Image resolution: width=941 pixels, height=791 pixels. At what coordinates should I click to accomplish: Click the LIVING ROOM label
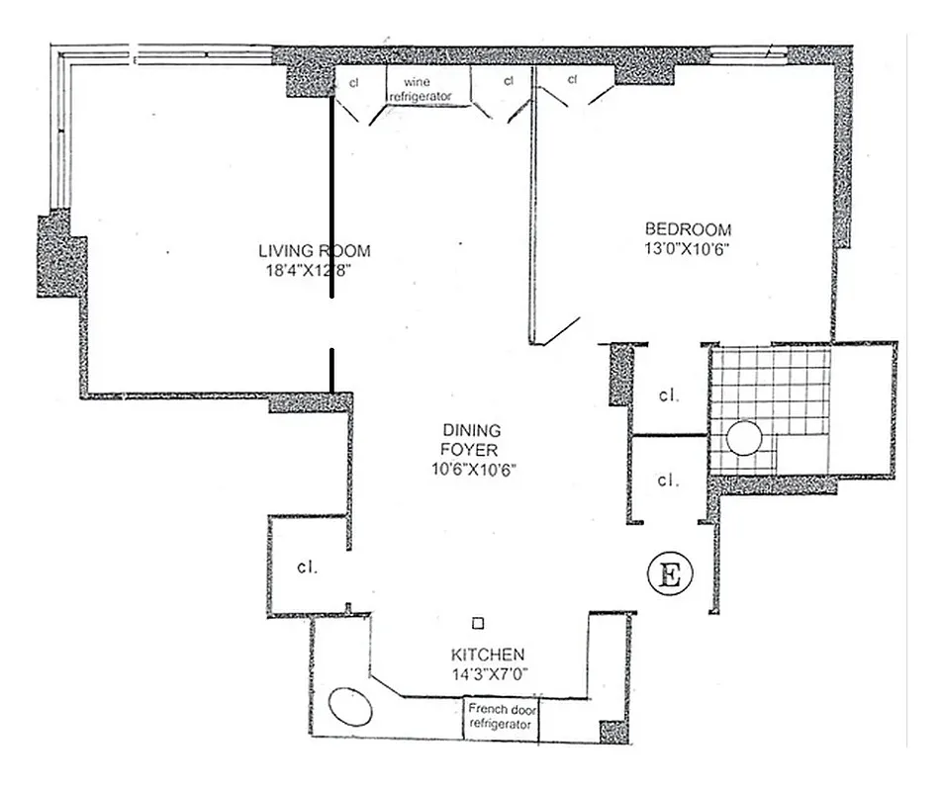pyautogui.click(x=314, y=251)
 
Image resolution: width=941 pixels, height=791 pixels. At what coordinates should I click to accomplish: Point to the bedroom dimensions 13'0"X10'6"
pyautogui.click(x=687, y=249)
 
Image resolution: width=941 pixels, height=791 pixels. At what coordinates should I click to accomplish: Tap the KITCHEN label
pyautogui.click(x=488, y=655)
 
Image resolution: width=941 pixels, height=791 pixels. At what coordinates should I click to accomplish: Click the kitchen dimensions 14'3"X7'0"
pyautogui.click(x=488, y=674)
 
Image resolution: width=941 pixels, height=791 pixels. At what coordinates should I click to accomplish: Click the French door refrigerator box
pyautogui.click(x=503, y=717)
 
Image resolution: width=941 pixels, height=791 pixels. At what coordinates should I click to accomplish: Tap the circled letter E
pyautogui.click(x=668, y=572)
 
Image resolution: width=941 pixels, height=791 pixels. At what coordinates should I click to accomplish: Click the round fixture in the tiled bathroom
pyautogui.click(x=744, y=440)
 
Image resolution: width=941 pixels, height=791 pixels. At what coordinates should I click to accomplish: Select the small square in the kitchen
pyautogui.click(x=478, y=623)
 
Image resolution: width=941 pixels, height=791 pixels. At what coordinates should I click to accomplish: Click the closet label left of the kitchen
pyautogui.click(x=306, y=569)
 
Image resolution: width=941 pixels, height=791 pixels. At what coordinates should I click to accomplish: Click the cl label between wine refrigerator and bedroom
pyautogui.click(x=509, y=80)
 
